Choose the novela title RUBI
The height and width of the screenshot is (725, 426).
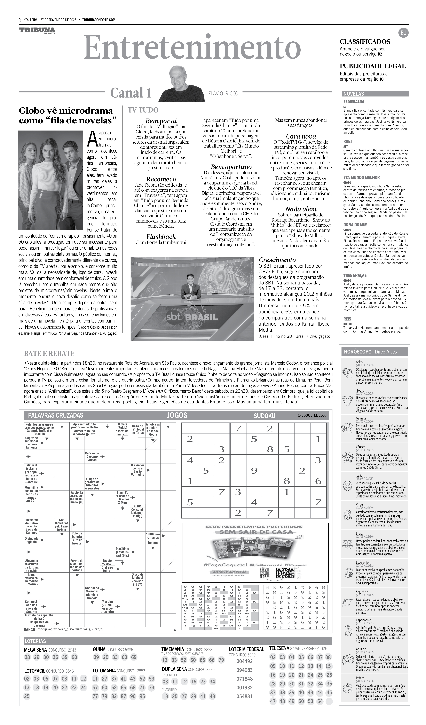click(x=347, y=142)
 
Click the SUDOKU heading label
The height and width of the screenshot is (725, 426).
click(x=264, y=416)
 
